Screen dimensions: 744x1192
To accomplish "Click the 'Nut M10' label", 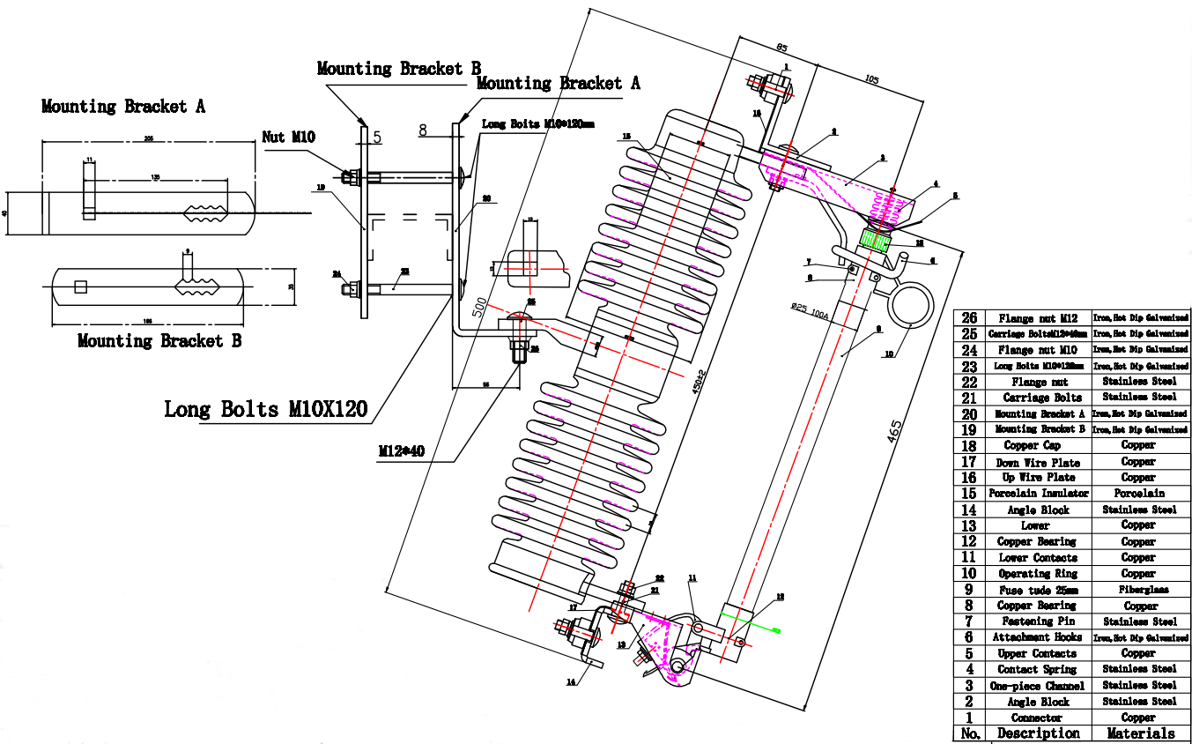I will click(x=289, y=137).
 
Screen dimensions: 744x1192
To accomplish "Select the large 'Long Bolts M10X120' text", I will click(x=266, y=409).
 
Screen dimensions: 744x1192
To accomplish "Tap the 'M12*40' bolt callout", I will click(x=402, y=451).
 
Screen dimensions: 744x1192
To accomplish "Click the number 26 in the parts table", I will click(x=969, y=317).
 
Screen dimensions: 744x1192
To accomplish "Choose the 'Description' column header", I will click(x=1038, y=733).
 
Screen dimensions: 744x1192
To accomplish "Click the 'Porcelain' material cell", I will click(x=1139, y=494).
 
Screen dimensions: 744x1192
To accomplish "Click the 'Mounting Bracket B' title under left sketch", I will click(x=159, y=341).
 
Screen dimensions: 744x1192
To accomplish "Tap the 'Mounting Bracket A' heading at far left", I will click(x=123, y=107).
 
